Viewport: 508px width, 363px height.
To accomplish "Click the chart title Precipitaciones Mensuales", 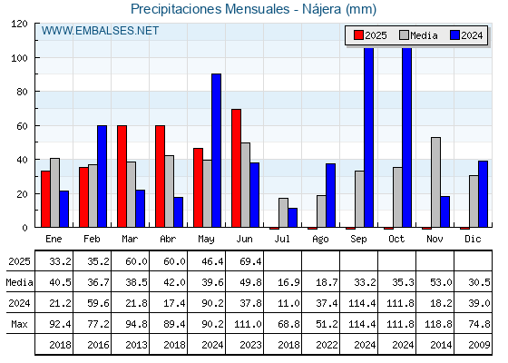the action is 210,9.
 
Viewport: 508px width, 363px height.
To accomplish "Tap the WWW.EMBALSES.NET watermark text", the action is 100,31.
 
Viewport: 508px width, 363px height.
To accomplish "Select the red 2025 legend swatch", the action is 358,35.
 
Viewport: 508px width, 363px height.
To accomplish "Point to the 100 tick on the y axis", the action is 19,58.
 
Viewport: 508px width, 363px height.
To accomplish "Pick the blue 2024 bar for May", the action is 217,151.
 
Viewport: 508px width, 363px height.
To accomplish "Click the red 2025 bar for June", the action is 236,168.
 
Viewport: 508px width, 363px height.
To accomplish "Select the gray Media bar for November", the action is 435,182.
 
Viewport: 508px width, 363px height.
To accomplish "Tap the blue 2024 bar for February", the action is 102,176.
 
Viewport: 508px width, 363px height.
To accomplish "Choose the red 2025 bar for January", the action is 45,199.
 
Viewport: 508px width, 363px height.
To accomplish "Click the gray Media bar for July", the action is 283,212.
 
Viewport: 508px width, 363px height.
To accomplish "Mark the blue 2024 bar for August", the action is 331,195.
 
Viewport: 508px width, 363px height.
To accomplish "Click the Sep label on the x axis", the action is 358,240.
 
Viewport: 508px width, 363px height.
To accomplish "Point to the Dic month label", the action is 473,240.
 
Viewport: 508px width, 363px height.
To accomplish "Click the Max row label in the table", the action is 19,324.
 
